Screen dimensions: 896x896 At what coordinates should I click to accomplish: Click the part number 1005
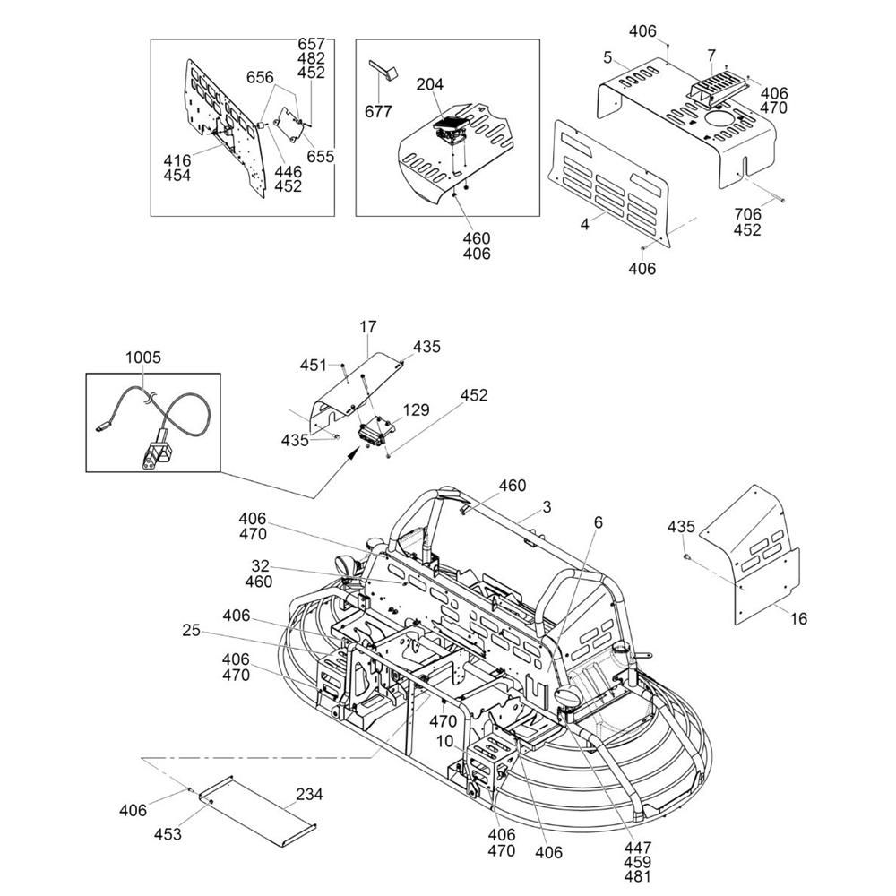click(x=142, y=357)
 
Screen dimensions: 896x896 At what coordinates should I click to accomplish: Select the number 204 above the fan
click(x=430, y=84)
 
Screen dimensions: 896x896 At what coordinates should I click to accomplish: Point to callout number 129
click(x=418, y=409)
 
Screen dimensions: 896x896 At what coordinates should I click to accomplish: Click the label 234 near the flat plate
click(x=309, y=794)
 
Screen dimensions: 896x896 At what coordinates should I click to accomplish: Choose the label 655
click(x=320, y=156)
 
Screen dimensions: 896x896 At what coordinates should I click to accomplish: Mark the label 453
click(x=168, y=834)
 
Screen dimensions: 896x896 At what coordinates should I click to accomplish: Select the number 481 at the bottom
click(x=639, y=877)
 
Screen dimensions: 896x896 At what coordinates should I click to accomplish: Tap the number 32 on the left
click(x=260, y=565)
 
